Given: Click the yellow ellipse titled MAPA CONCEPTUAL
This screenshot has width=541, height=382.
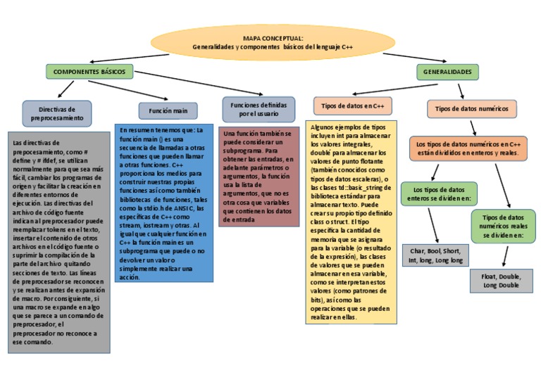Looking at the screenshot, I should click(x=273, y=42).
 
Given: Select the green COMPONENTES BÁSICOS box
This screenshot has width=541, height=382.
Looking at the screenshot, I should click(x=89, y=72).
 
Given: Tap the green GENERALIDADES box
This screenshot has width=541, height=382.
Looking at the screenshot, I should click(x=447, y=72).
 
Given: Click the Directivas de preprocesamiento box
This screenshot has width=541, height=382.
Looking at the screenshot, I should click(x=56, y=114).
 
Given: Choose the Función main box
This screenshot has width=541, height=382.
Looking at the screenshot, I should click(x=168, y=110).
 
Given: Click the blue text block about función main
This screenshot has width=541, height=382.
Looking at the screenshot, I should click(x=164, y=203).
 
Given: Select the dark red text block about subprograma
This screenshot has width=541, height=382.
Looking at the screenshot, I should click(x=259, y=177).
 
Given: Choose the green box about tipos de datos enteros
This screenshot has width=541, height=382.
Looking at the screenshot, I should click(x=439, y=194).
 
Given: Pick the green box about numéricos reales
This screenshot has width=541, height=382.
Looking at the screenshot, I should click(x=502, y=227).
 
